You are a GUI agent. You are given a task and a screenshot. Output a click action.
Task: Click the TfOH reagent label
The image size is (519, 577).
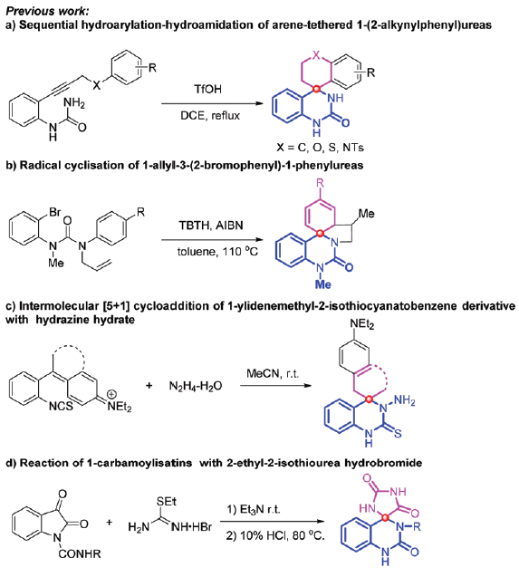pos(208,90)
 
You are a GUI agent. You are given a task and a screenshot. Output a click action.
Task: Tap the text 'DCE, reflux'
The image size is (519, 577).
pos(210,116)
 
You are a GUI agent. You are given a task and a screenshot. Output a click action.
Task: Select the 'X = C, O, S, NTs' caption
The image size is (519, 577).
pos(321,148)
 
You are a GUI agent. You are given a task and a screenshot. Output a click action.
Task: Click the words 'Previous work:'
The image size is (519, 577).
pos(47,11)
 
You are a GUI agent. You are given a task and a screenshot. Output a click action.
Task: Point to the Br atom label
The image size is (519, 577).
pos(55,212)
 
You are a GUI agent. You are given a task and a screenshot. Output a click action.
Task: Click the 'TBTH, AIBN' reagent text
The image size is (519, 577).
pos(211,225)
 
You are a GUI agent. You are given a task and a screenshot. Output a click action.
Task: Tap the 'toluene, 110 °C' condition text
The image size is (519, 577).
pos(217,251)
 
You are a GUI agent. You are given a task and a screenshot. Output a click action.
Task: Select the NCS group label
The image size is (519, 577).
pos(61,406)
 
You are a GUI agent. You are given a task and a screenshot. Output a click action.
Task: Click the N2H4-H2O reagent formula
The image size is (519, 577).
pos(196,386)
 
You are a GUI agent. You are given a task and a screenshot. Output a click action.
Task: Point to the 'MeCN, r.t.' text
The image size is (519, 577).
pos(273,374)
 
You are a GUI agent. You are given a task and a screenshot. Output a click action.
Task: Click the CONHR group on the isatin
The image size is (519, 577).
pos(80,553)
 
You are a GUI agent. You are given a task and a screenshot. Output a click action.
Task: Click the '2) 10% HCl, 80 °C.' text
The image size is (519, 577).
pos(275,535)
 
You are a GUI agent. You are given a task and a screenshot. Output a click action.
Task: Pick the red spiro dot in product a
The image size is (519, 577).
pos(316,89)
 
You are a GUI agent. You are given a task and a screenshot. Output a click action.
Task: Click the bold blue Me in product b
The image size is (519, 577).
pos(322,284)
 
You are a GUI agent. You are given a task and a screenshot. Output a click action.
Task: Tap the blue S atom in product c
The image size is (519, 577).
pos(398,434)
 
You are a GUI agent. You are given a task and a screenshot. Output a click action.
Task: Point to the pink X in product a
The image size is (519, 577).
pos(316,55)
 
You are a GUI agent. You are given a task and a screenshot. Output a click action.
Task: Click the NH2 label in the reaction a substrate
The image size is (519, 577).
pos(74,103)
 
